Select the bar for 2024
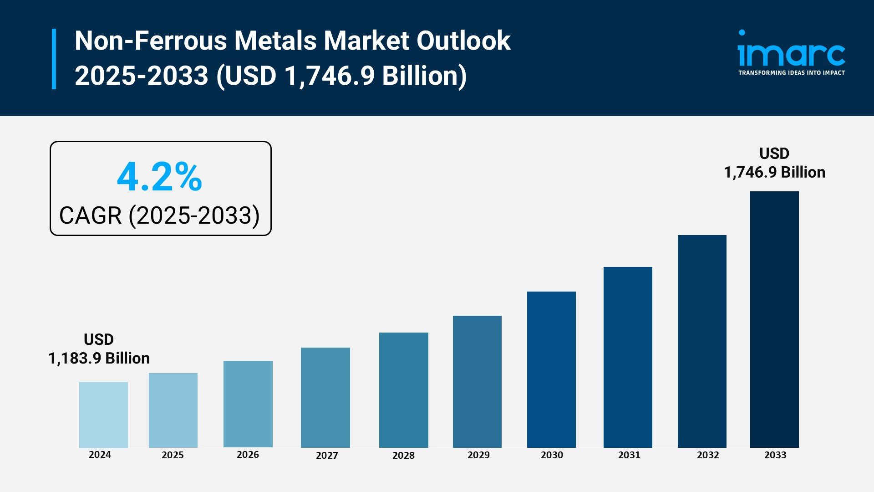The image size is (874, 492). click(103, 415)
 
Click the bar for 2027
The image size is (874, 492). click(325, 397)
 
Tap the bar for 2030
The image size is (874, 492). click(551, 369)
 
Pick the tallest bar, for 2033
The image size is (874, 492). click(774, 319)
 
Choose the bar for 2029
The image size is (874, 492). click(477, 381)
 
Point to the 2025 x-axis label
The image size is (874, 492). click(173, 455)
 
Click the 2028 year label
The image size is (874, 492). click(403, 456)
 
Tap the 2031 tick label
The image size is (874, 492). click(629, 455)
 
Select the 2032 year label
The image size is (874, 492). click(708, 455)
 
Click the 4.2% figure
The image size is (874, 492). click(159, 177)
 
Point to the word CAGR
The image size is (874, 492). click(91, 215)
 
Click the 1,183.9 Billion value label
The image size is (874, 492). click(99, 359)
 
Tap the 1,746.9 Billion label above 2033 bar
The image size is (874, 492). click(774, 173)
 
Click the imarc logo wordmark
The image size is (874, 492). click(791, 54)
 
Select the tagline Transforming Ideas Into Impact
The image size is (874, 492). click(791, 73)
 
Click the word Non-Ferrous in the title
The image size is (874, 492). click(150, 41)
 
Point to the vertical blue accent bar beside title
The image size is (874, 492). click(54, 59)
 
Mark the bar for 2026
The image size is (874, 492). click(248, 404)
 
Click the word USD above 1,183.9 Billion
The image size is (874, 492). click(99, 340)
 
